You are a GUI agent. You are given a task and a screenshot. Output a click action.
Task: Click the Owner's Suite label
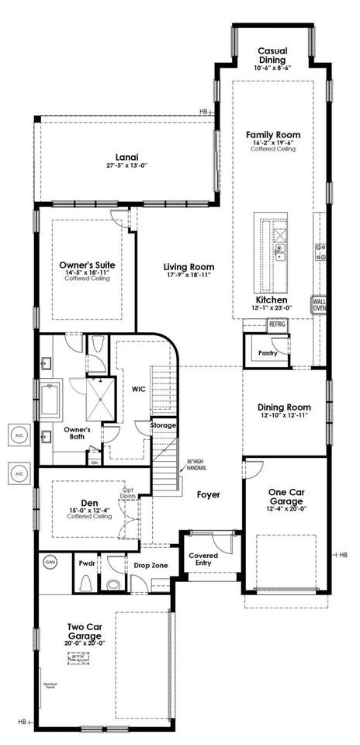pyautogui.click(x=87, y=265)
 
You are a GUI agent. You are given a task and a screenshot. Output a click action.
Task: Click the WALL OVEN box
pyautogui.click(x=319, y=304)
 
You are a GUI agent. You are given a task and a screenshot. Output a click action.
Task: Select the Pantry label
pyautogui.click(x=268, y=353)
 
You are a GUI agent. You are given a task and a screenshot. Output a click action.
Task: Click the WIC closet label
pyautogui.click(x=140, y=389)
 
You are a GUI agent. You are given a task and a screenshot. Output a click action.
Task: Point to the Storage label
pyautogui.click(x=163, y=425)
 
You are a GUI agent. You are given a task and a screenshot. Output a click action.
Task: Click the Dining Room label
pyautogui.click(x=284, y=407)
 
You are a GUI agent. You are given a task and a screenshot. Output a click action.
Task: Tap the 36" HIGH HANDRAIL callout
pyautogui.click(x=197, y=467)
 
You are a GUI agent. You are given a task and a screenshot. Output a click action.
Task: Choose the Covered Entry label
pyautogui.click(x=203, y=560)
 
